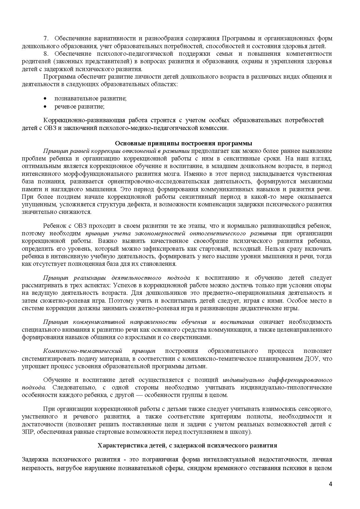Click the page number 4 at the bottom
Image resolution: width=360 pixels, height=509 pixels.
click(x=330, y=484)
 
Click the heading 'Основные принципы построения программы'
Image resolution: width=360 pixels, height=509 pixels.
click(x=183, y=143)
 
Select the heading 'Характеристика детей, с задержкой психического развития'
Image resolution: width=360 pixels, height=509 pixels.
click(x=187, y=445)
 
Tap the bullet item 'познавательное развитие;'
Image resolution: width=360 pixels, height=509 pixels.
click(x=90, y=98)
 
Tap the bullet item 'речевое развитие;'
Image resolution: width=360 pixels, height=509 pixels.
click(x=79, y=107)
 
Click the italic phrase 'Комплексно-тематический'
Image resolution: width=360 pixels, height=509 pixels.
click(x=82, y=351)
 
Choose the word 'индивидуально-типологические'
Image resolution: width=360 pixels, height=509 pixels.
click(x=286, y=388)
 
